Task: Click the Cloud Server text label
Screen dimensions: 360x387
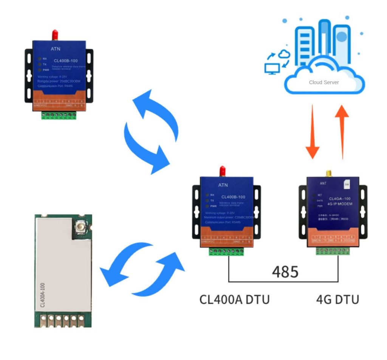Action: (324, 82)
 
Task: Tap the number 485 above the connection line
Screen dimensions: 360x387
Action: (285, 271)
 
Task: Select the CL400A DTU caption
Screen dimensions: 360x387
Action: (234, 299)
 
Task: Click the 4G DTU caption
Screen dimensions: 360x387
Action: (337, 299)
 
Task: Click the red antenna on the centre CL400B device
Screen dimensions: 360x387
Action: (223, 171)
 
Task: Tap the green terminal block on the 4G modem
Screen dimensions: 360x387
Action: (333, 250)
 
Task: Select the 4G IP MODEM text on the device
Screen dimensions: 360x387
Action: (340, 204)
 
